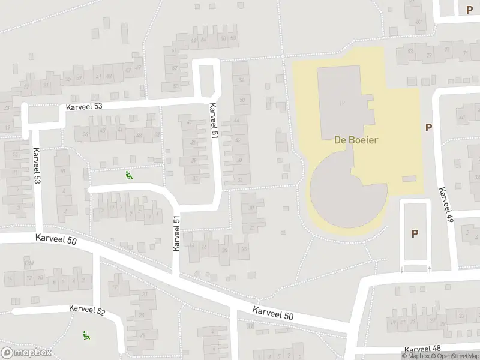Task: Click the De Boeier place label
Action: [356, 139]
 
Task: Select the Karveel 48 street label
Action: [423, 349]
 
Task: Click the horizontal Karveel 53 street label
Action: [84, 106]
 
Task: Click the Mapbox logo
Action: [26, 353]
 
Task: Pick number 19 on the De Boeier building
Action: [342, 103]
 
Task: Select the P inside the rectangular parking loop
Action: [415, 234]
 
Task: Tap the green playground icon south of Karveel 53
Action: [128, 176]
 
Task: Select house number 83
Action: [410, 52]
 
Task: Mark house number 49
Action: [138, 67]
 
